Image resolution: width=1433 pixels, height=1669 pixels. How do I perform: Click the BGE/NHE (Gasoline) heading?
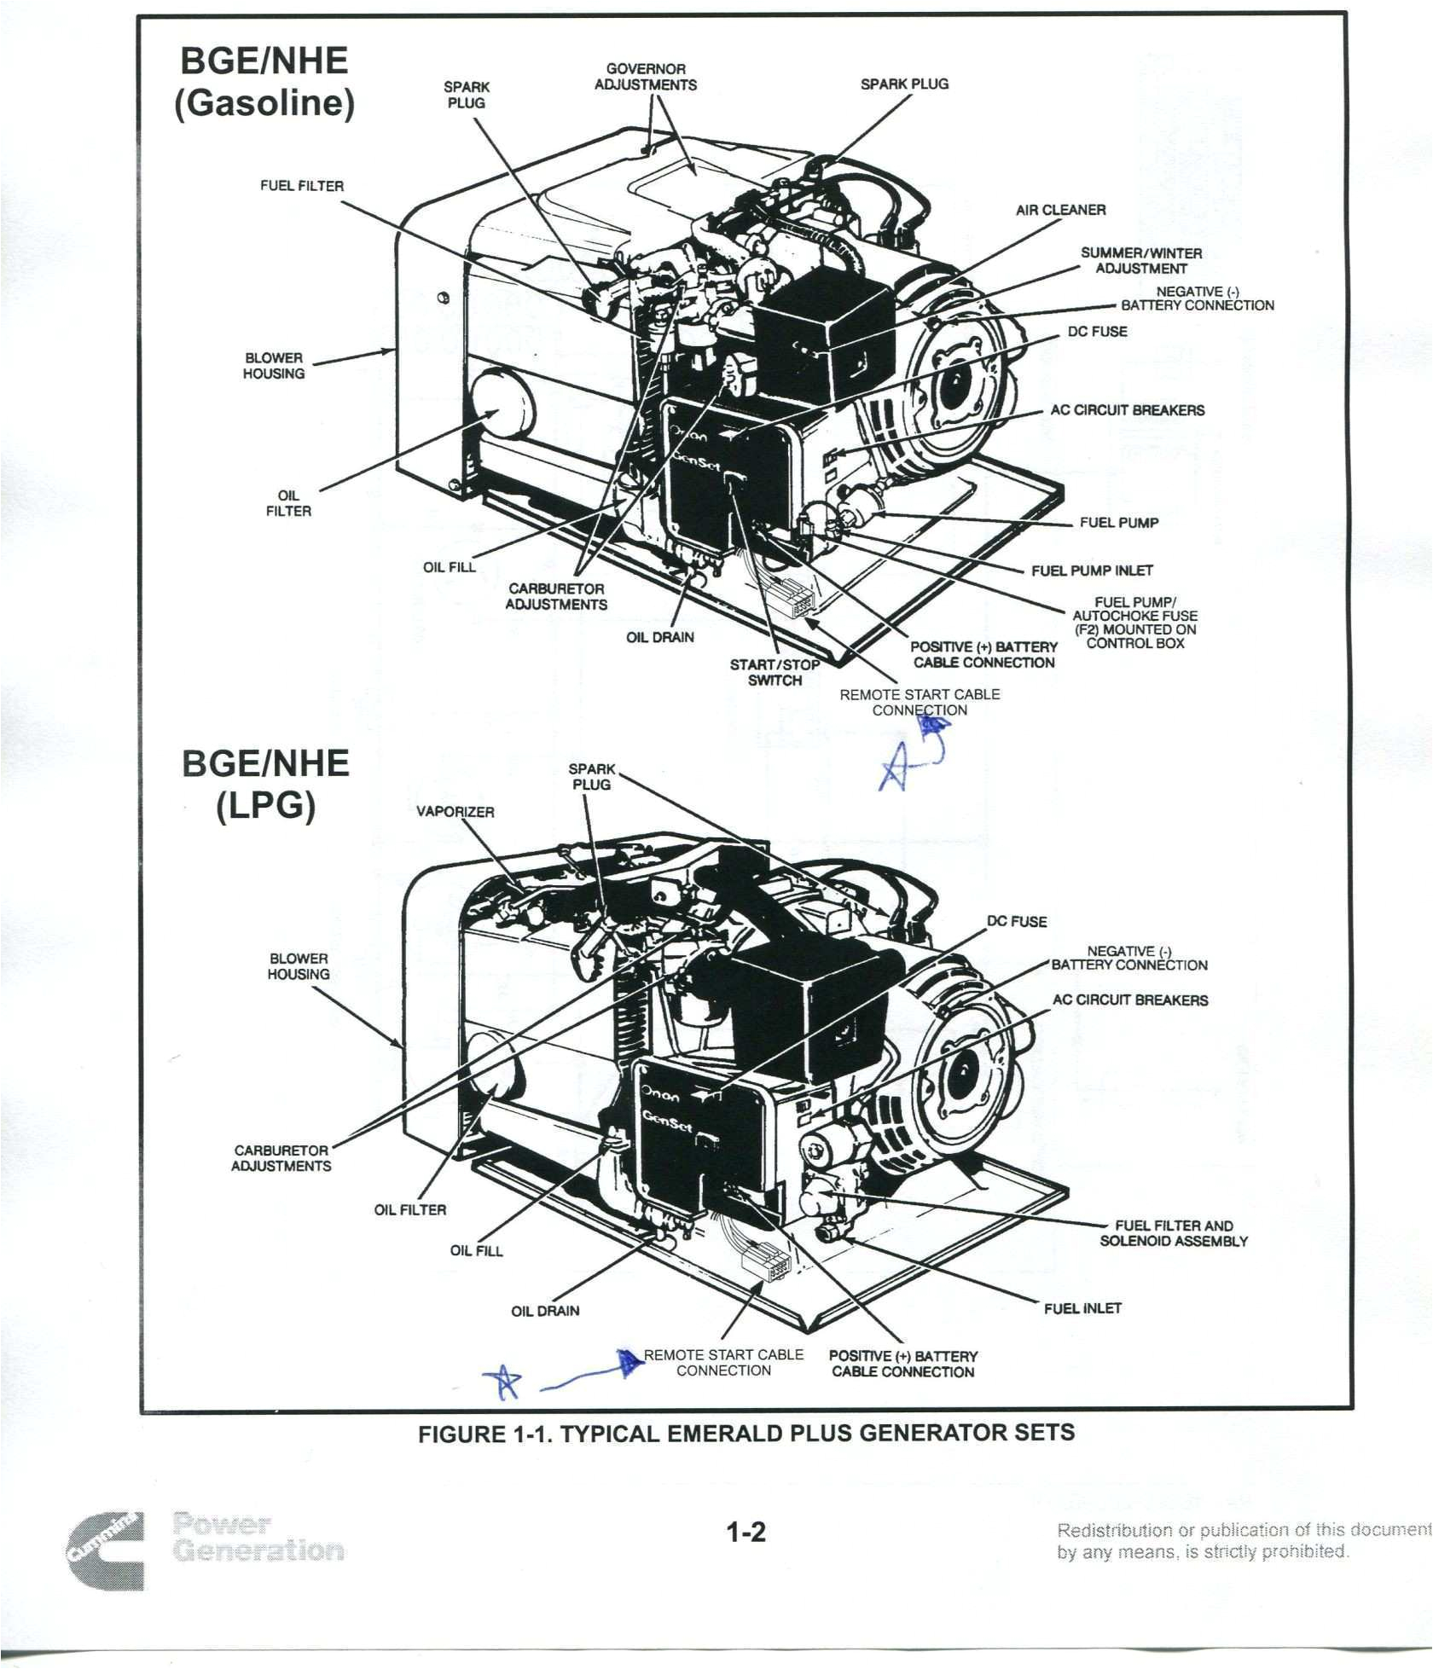tap(264, 83)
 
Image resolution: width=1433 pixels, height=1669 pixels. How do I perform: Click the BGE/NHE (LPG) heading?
tap(266, 783)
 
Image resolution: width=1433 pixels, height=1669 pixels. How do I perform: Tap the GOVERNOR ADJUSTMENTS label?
tap(646, 77)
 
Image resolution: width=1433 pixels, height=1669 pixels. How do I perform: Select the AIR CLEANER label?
tap(1060, 210)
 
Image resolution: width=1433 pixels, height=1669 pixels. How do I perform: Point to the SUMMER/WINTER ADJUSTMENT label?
tap(1141, 260)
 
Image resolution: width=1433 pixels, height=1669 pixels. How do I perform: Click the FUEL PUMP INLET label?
tap(1092, 571)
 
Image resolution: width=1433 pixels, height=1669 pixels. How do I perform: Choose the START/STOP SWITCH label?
tap(775, 672)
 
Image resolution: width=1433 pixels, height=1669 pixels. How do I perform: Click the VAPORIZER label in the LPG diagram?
tap(455, 812)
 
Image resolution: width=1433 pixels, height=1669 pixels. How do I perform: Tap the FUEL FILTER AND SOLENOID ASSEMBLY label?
tap(1174, 1233)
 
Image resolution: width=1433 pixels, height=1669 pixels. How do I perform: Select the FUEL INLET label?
tap(1082, 1307)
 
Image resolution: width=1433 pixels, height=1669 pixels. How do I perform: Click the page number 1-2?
tap(746, 1533)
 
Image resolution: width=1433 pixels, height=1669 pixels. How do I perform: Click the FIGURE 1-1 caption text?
tap(746, 1433)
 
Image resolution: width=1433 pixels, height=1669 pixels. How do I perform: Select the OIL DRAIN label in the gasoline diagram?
tap(660, 637)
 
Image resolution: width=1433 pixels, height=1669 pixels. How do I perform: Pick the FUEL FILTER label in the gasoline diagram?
tap(302, 186)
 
